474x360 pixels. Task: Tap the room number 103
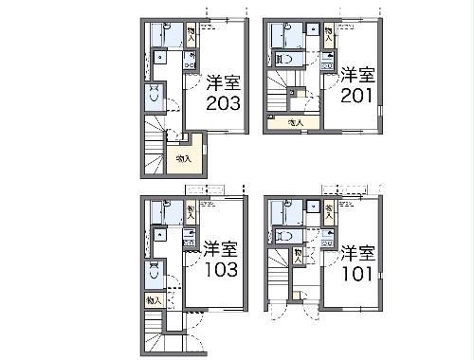219,269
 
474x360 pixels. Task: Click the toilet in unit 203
154,96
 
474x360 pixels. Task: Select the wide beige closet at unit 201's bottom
294,121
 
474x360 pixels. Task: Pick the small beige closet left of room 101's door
300,254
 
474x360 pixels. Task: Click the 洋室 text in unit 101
357,253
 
